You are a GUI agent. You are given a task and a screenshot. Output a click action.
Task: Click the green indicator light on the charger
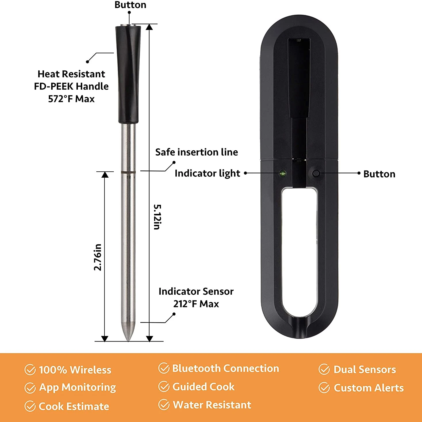coord(283,174)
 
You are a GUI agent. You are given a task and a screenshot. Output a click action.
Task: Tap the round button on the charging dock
coord(316,174)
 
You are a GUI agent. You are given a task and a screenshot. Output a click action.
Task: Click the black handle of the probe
coord(128,74)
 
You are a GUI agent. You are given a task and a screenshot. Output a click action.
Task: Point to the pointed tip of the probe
coord(128,341)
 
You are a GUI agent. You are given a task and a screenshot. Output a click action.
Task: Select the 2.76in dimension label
coord(98,257)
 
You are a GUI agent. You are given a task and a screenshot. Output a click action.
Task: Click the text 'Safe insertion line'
coord(197,152)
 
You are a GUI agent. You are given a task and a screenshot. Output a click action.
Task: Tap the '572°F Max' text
coord(71,99)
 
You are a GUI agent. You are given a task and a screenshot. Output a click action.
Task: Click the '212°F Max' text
coord(196,304)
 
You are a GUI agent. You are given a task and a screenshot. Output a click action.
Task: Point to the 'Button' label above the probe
coord(130,5)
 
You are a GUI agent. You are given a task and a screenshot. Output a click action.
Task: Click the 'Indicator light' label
coord(207,173)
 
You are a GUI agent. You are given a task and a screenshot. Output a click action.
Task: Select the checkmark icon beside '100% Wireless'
coord(30,370)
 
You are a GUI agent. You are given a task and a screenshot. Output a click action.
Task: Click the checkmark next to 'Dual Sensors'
coord(324,369)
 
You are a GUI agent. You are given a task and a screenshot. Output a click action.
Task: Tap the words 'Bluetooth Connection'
coord(226,368)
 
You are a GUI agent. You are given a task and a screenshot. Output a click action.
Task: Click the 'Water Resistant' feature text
coord(212,405)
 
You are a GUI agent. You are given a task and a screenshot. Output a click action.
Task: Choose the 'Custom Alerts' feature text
coord(369,388)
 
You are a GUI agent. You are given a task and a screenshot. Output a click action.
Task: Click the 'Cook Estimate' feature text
coord(74,406)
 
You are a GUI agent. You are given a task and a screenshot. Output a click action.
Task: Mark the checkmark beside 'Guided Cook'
coord(164,387)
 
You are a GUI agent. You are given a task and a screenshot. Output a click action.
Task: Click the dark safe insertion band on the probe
coord(128,172)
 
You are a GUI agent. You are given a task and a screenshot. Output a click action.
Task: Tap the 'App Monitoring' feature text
coord(78,388)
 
